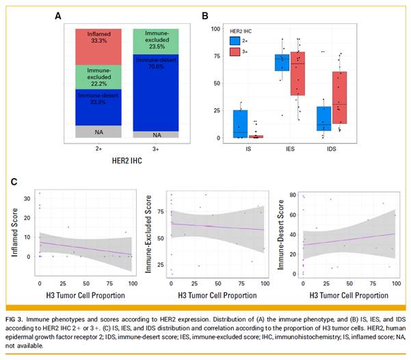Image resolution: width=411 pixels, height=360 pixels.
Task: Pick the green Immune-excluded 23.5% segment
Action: pos(155,40)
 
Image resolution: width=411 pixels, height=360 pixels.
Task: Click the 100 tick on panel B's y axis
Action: pos(215,28)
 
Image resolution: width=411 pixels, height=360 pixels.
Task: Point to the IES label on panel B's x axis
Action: pos(290,150)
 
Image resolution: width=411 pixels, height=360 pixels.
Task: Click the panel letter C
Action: pos(14,181)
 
